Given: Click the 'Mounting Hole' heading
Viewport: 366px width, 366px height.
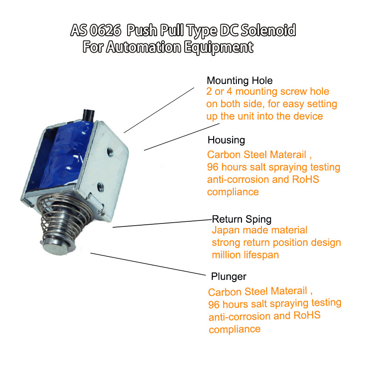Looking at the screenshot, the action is pyautogui.click(x=239, y=81).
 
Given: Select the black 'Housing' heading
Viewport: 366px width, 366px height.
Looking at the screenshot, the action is pyautogui.click(x=226, y=140).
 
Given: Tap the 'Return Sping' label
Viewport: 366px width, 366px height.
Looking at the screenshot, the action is pyautogui.click(x=242, y=220).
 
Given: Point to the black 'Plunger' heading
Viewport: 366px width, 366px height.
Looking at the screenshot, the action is pyautogui.click(x=229, y=276).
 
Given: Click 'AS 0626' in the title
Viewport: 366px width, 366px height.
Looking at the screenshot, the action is pyautogui.click(x=96, y=30).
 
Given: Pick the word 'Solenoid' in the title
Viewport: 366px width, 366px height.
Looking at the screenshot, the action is pyautogui.click(x=268, y=30).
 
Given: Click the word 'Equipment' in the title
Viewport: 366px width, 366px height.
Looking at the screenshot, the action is pyautogui.click(x=218, y=47).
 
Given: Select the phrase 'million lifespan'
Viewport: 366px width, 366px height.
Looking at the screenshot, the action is pyautogui.click(x=245, y=255).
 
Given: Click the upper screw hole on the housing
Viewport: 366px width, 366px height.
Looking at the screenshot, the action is pyautogui.click(x=110, y=152).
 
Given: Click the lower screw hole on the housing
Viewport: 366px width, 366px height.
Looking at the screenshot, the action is pyautogui.click(x=100, y=186).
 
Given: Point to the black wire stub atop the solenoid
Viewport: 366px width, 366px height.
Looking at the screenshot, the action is pyautogui.click(x=89, y=115).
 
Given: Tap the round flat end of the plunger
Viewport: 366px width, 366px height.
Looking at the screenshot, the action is pyautogui.click(x=59, y=248).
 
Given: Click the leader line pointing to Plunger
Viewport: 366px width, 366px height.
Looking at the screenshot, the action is pyautogui.click(x=148, y=264).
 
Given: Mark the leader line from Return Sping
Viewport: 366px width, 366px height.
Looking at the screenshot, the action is pyautogui.click(x=162, y=223).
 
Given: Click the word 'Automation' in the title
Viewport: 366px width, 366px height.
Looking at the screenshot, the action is pyautogui.click(x=144, y=47).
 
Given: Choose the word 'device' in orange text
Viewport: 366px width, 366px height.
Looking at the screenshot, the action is pyautogui.click(x=308, y=116).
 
